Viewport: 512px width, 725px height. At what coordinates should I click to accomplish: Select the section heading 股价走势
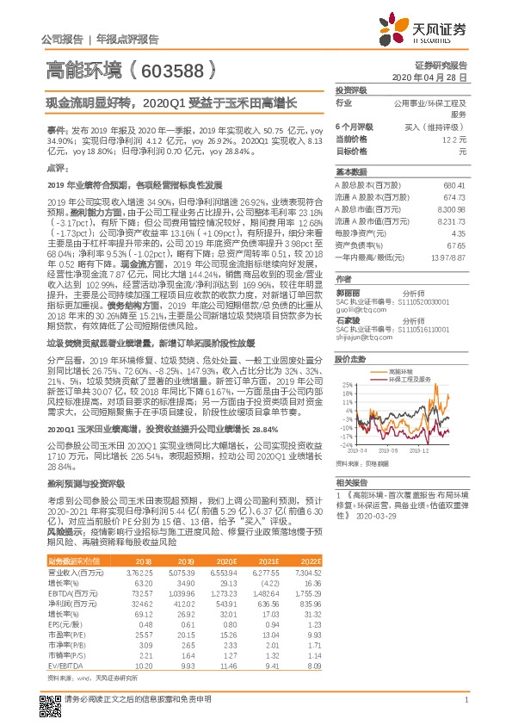pos(350,357)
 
